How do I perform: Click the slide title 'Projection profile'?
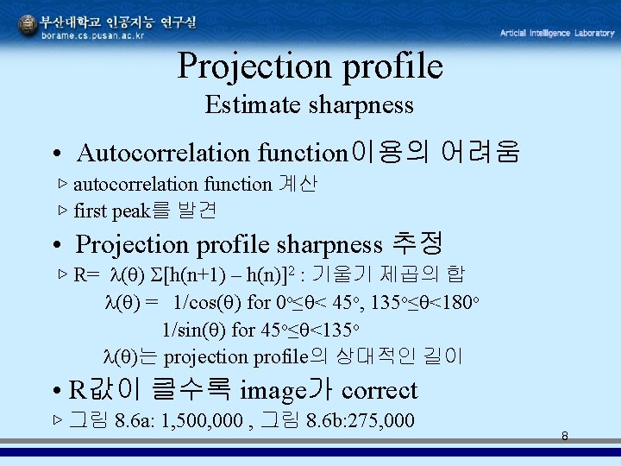pos(310,66)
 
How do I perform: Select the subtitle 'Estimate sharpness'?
pos(310,105)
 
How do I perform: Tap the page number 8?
pos(564,436)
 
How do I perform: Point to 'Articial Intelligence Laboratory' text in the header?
pos(557,33)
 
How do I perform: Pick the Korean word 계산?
pos(298,183)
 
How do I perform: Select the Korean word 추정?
pos(417,244)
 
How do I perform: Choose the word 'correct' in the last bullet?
pos(379,391)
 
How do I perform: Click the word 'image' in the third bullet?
pos(268,391)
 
